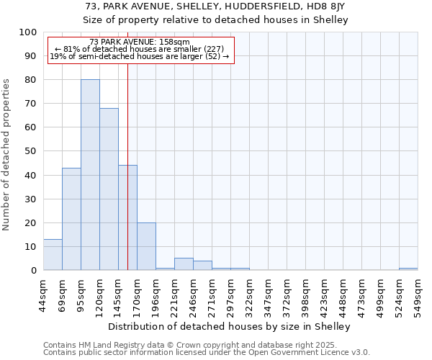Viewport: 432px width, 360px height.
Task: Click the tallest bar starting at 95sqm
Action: pyautogui.click(x=90, y=175)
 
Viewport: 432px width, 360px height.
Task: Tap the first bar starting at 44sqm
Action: pyautogui.click(x=53, y=255)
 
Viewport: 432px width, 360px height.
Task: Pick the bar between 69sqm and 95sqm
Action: pyautogui.click(x=71, y=219)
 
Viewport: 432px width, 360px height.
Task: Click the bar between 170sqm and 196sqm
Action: pyautogui.click(x=146, y=246)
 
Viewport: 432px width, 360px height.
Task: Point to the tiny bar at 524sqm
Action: pyautogui.click(x=408, y=269)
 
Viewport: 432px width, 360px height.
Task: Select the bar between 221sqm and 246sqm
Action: pyautogui.click(x=184, y=264)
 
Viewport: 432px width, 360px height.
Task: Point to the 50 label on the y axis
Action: pyautogui.click(x=31, y=151)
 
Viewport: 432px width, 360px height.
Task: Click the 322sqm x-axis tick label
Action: pyautogui.click(x=249, y=292)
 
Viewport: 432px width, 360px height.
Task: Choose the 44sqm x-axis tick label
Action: pyautogui.click(x=43, y=292)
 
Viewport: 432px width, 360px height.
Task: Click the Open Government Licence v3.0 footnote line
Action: pyautogui.click(x=207, y=353)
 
